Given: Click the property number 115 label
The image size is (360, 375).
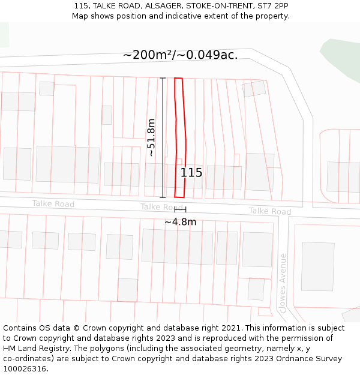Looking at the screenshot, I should coord(191,173).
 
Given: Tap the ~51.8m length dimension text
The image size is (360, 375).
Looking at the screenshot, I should coord(151,137).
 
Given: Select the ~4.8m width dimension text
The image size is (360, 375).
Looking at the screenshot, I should coord(180,221).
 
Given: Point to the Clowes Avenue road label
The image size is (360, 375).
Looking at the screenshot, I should coord(283,283).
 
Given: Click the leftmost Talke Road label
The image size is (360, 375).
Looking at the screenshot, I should coord(53,204).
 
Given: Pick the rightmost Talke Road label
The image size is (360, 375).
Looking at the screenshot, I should coord(270,211).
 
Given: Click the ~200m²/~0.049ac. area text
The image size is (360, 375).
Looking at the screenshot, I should coord(181,55).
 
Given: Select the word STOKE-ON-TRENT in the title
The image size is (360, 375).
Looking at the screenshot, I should coord(217,6).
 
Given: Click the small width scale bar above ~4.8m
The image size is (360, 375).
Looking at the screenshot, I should coord(180,209).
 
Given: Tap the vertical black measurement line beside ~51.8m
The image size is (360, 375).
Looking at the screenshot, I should coord(163,137).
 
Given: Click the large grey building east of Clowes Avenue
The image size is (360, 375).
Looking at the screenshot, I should coord(317,266).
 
